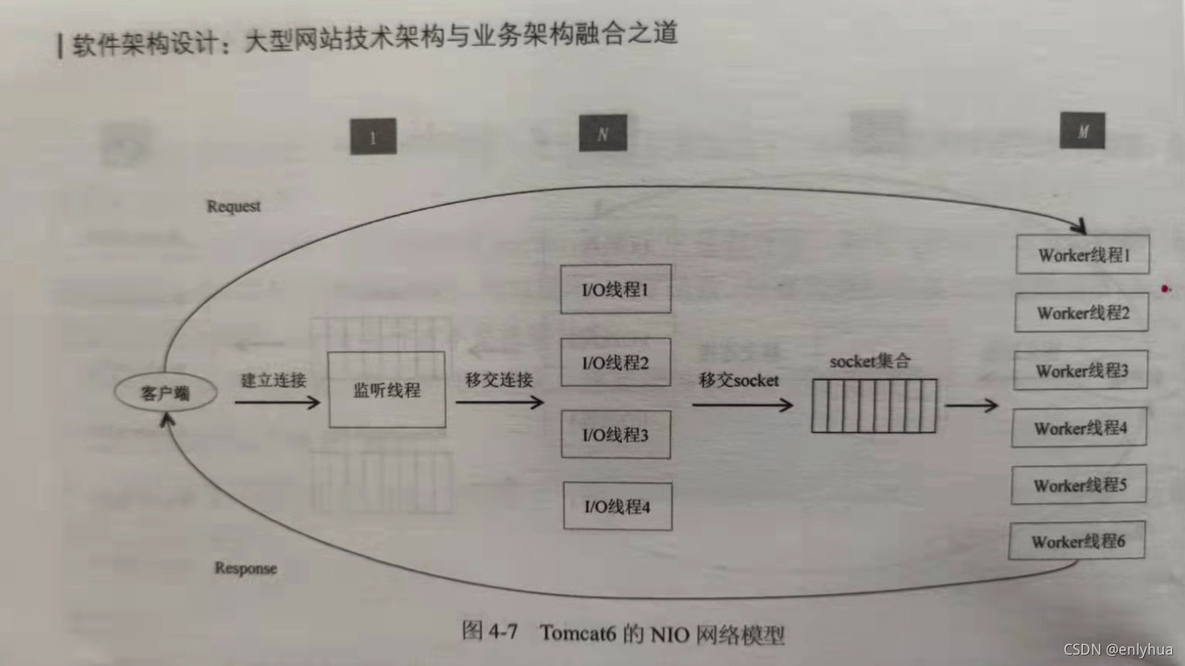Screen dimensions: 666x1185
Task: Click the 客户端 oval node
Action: (165, 393)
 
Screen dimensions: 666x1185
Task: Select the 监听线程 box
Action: (386, 390)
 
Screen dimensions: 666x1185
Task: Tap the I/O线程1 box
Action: (615, 289)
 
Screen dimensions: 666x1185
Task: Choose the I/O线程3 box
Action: (615, 435)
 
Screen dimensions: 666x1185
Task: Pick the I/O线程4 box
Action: (617, 507)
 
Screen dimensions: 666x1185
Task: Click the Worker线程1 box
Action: (1082, 255)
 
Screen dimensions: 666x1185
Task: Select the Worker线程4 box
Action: (1079, 428)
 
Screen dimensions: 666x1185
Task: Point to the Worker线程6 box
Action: (1077, 541)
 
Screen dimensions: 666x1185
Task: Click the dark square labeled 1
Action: (373, 137)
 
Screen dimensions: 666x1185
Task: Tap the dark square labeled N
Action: (602, 134)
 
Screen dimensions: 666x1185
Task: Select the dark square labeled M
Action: (1082, 131)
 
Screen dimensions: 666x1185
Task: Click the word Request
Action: (234, 206)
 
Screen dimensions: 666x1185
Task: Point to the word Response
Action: (245, 568)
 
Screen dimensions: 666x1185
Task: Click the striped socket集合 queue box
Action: (873, 406)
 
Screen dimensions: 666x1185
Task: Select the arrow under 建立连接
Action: (277, 402)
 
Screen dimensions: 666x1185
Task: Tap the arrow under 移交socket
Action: (742, 405)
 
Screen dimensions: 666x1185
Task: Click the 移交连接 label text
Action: (499, 379)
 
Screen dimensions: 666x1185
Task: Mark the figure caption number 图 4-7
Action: (490, 631)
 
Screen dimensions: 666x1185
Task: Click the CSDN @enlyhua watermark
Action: (1118, 649)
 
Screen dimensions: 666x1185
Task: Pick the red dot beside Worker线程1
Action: (1165, 288)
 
